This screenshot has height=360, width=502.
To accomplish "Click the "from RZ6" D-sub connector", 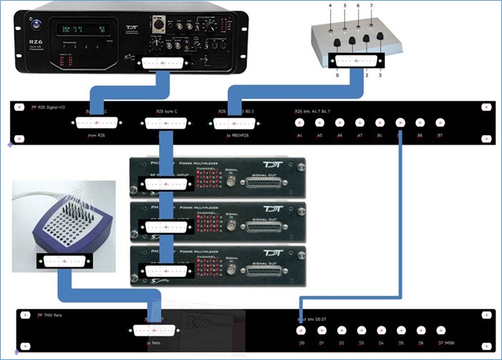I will point(97,123).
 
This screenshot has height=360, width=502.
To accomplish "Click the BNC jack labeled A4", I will point(300,123).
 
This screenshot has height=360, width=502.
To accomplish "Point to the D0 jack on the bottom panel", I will point(301,330).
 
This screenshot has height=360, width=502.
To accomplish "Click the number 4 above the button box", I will point(330,6).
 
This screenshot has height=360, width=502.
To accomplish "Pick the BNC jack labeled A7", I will point(360,123).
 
